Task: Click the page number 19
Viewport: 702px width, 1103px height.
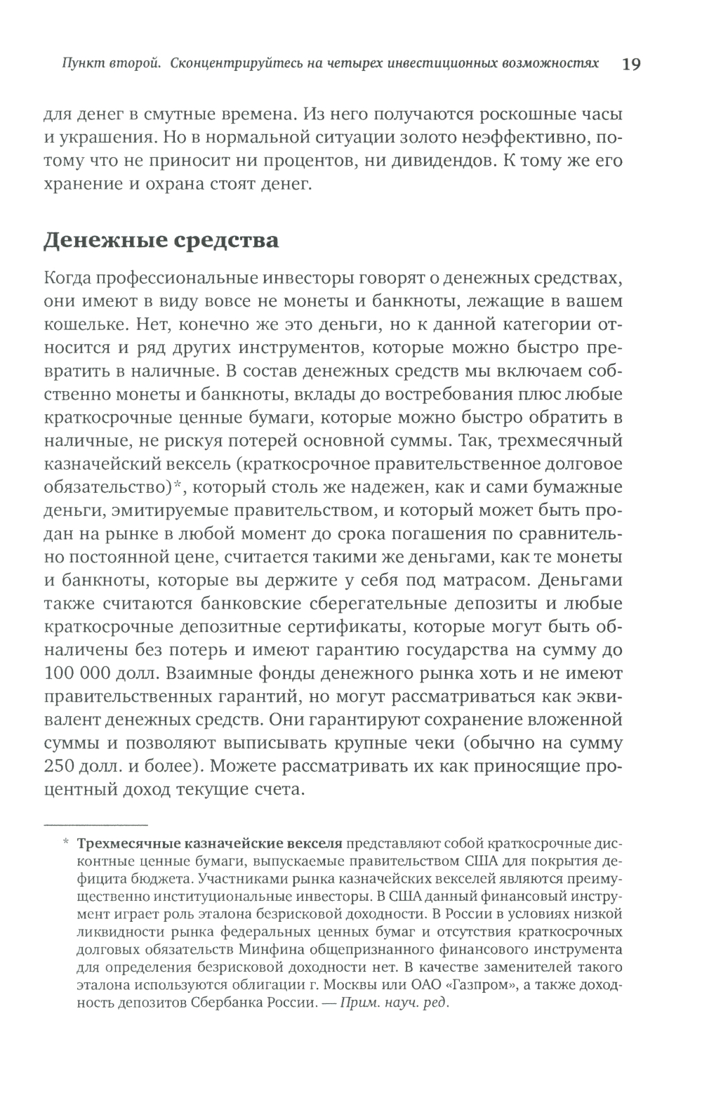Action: (x=630, y=64)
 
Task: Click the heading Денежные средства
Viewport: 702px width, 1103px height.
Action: (x=161, y=241)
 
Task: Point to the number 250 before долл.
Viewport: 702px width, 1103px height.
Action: (x=59, y=766)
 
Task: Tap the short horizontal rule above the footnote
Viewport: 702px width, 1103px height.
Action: (x=96, y=824)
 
